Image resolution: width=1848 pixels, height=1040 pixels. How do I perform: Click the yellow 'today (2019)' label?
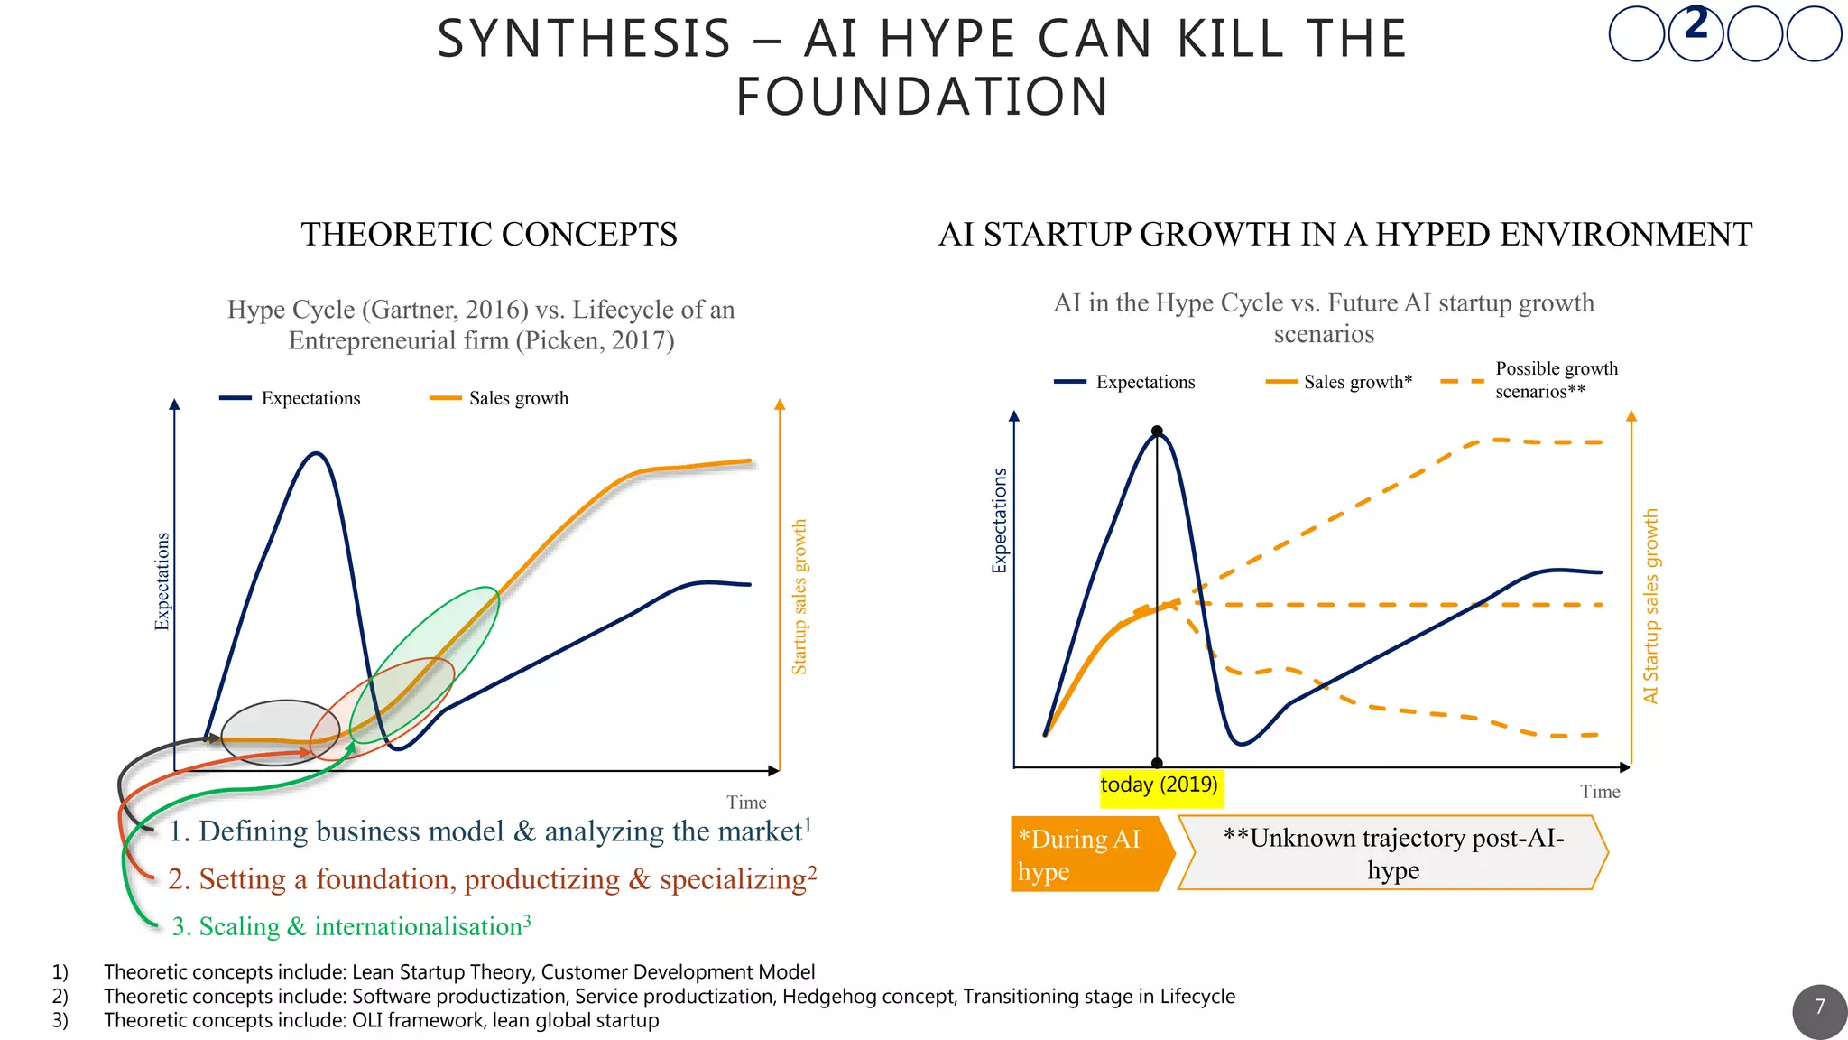pos(1160,785)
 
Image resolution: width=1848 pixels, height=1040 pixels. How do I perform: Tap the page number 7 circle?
pos(1819,1009)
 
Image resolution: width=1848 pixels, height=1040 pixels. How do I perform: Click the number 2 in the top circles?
pos(1696,23)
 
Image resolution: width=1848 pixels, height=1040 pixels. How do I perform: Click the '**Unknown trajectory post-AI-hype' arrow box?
pos(1392,853)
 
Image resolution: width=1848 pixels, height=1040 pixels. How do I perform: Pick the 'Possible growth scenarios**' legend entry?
pos(1556,380)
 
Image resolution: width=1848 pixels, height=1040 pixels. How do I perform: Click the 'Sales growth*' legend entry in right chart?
pos(1357,382)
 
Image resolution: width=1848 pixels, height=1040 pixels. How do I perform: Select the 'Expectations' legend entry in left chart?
pos(310,398)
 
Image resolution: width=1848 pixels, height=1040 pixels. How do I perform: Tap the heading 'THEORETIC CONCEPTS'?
pos(489,235)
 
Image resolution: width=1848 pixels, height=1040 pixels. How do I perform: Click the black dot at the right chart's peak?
pos(1157,432)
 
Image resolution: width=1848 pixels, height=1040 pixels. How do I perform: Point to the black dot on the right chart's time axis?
pos(1157,764)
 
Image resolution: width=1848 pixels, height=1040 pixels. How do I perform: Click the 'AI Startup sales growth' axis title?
pos(1650,606)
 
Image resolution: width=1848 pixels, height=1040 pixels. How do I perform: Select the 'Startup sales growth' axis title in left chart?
pos(799,597)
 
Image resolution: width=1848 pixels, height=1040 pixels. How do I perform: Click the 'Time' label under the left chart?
pos(746,803)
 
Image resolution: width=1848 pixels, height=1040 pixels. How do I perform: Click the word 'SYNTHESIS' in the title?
pos(584,40)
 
